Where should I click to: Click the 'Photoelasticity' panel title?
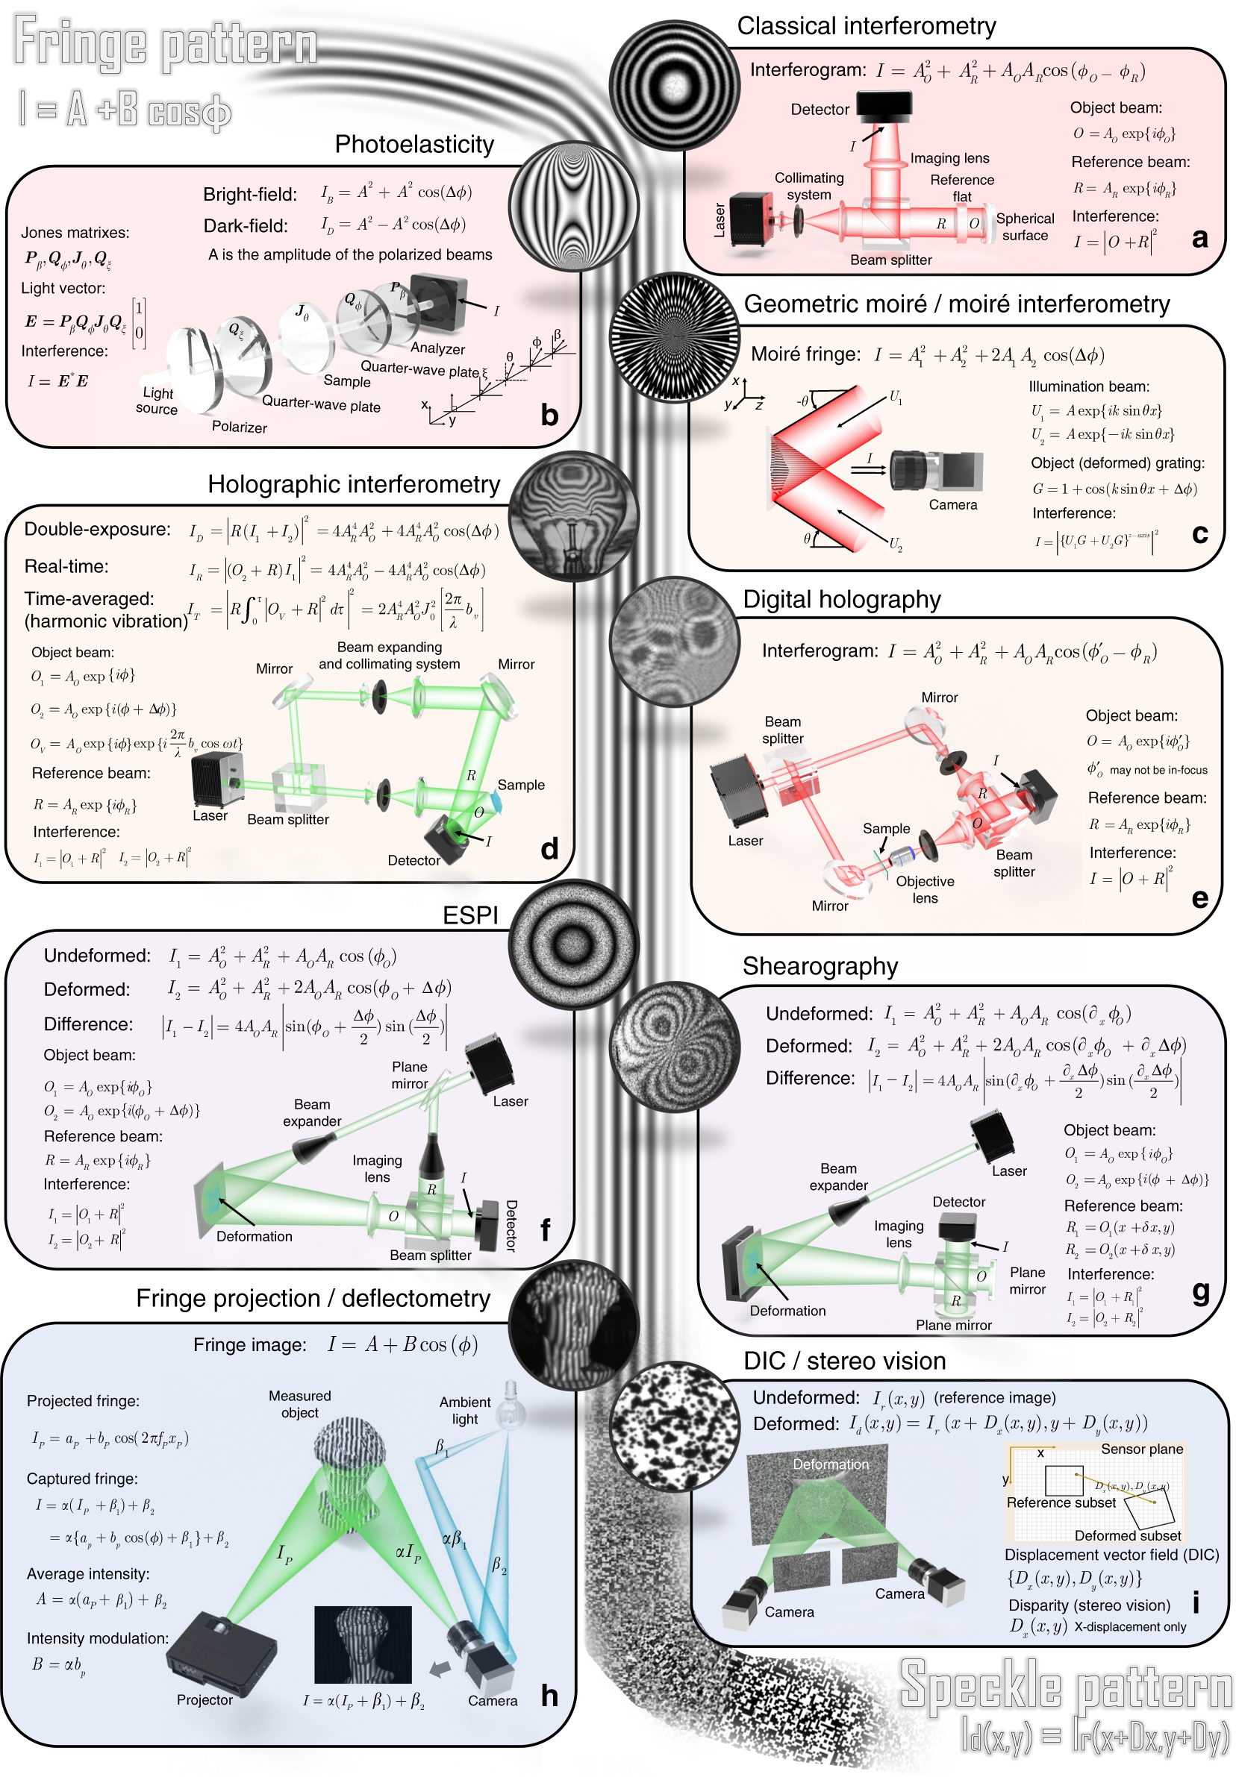pyautogui.click(x=414, y=145)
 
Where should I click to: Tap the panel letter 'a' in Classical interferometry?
pyautogui.click(x=1199, y=239)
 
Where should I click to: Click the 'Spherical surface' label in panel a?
pyautogui.click(x=1025, y=227)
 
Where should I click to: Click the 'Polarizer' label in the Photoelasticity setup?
pyautogui.click(x=240, y=427)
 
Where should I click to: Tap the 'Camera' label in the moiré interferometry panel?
pyautogui.click(x=952, y=504)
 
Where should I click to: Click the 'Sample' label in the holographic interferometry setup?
pyautogui.click(x=520, y=785)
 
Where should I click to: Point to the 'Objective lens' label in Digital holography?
pyautogui.click(x=925, y=889)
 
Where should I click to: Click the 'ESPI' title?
pyautogui.click(x=470, y=915)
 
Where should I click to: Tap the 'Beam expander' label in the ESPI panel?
pyautogui.click(x=312, y=1112)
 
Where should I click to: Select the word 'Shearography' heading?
pyautogui.click(x=820, y=966)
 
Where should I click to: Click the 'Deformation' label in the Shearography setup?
pyautogui.click(x=787, y=1310)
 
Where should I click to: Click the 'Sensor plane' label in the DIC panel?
pyautogui.click(x=1141, y=1449)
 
